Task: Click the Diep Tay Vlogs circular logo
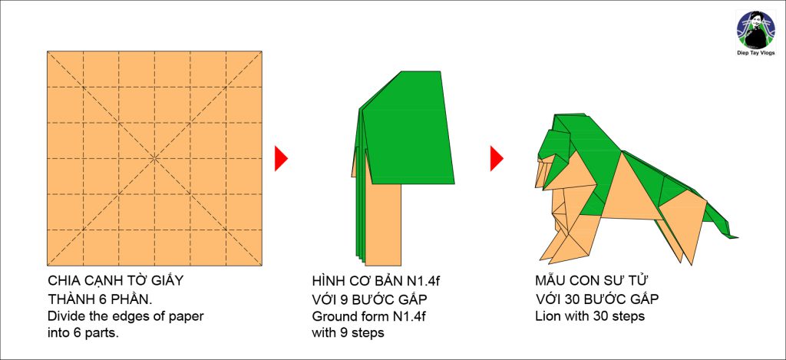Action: click(x=756, y=30)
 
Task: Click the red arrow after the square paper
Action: click(x=281, y=158)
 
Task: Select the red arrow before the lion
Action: click(x=497, y=158)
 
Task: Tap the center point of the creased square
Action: click(x=155, y=158)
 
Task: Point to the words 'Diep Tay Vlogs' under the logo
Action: click(x=755, y=53)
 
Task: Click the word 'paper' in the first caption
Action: click(x=188, y=317)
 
